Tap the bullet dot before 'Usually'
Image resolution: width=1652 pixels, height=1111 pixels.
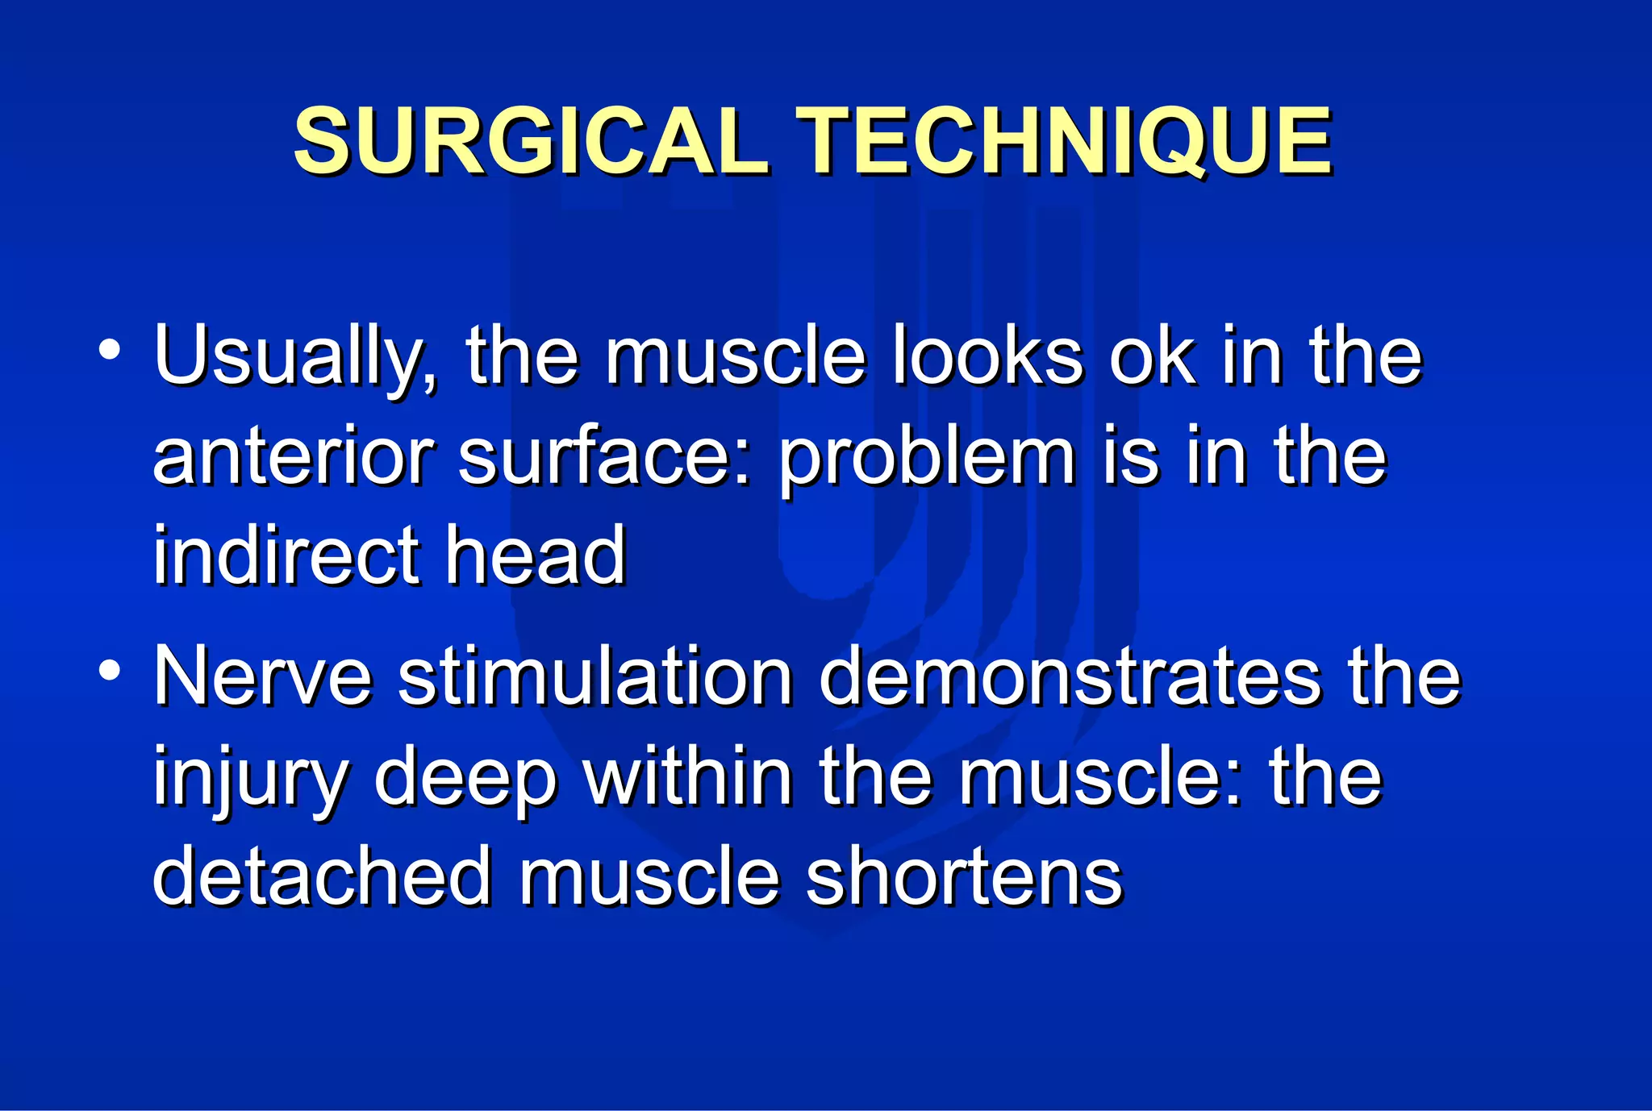(109, 350)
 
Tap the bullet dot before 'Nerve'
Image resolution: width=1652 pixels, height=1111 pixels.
(109, 670)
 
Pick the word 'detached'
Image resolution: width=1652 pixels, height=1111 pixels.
(322, 876)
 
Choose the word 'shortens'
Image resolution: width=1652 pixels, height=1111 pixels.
(963, 876)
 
